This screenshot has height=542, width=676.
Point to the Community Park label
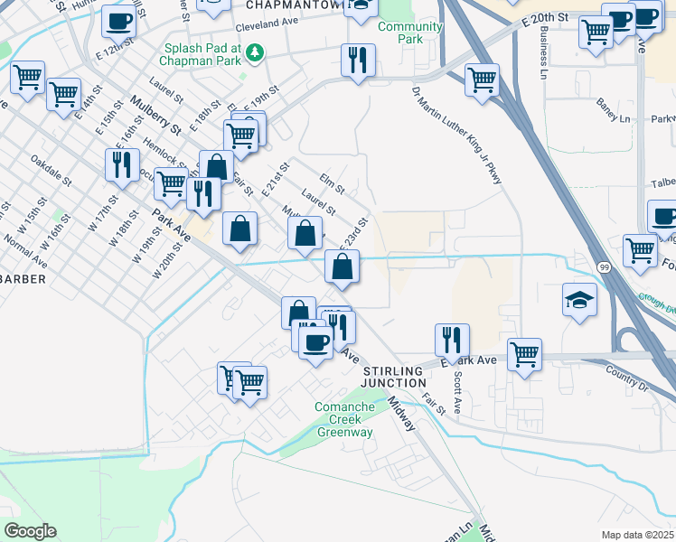(411, 33)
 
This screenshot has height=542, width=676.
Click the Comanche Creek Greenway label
(343, 419)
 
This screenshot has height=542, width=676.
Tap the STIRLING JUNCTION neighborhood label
(394, 378)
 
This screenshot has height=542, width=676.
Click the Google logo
(30, 530)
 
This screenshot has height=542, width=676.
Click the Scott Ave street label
(457, 394)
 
